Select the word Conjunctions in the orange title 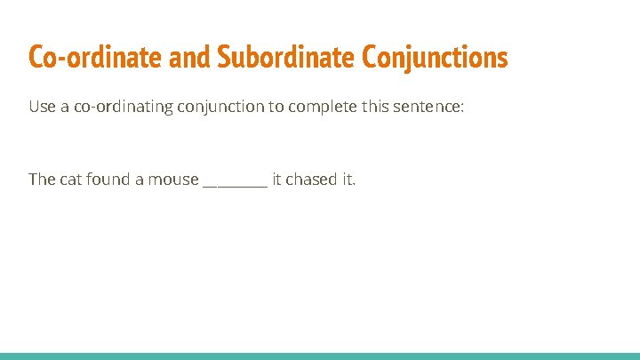click(x=435, y=57)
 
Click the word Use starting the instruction click(x=42, y=108)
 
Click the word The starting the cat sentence click(x=42, y=180)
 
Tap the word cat click(x=71, y=180)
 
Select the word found click(x=108, y=180)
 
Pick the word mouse click(x=172, y=180)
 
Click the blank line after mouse click(x=235, y=183)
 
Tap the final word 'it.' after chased click(x=348, y=180)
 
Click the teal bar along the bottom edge click(x=320, y=356)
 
